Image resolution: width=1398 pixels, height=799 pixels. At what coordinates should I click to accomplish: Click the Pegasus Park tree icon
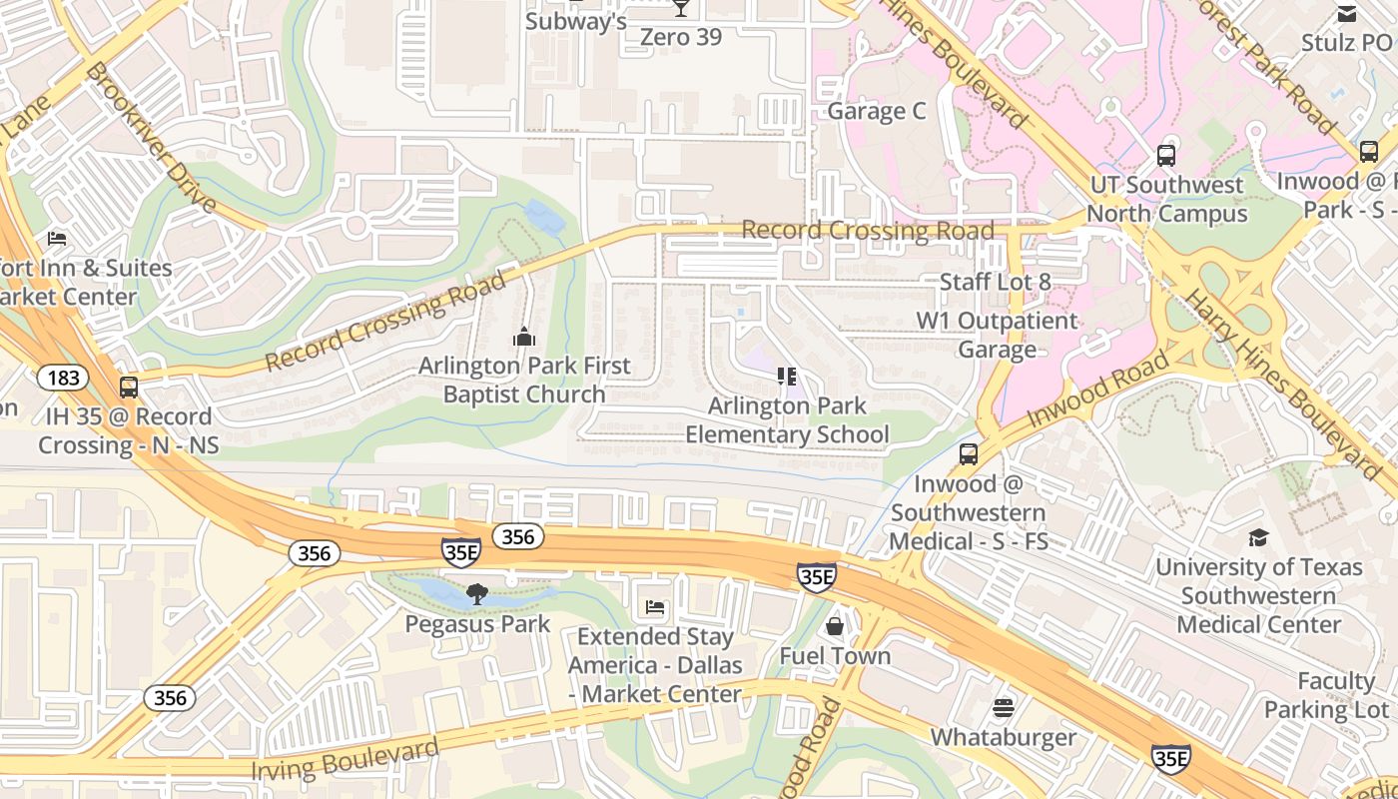[x=477, y=595]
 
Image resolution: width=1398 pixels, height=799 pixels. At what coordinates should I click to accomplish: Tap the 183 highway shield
[x=63, y=378]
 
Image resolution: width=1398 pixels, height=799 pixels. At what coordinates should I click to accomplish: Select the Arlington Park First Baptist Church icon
[x=524, y=338]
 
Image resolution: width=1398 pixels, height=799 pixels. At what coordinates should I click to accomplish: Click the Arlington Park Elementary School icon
[x=787, y=377]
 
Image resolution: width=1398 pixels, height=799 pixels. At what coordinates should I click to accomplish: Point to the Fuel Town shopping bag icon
[x=835, y=626]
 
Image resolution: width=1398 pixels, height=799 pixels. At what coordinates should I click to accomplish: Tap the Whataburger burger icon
[x=1004, y=708]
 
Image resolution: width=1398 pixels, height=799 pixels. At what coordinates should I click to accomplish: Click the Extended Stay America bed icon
[x=655, y=607]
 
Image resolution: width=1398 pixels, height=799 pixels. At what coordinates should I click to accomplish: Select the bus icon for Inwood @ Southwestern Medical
[x=968, y=454]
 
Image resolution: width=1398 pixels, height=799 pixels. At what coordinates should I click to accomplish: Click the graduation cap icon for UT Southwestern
[x=1258, y=537]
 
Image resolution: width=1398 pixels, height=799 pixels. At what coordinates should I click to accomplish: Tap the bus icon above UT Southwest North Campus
[x=1165, y=156]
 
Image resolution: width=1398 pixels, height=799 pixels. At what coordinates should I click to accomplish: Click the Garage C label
[x=877, y=111]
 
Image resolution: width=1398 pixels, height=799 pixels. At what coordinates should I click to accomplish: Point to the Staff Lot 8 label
[x=995, y=282]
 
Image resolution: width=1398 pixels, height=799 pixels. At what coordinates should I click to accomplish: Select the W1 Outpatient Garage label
[x=998, y=335]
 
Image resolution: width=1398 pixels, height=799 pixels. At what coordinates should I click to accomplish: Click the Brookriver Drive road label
[x=151, y=137]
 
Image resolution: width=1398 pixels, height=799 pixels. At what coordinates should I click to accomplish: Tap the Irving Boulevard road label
[x=345, y=760]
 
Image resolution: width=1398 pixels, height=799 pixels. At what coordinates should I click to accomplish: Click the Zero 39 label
[x=680, y=36]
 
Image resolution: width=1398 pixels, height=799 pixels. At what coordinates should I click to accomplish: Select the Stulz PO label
[x=1345, y=43]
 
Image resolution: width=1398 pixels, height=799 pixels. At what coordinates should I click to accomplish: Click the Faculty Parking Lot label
[x=1328, y=695]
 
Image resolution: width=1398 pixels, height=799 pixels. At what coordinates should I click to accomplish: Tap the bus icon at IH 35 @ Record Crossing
[x=128, y=388]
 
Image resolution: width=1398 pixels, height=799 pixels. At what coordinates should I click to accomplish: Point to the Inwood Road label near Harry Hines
[x=1097, y=390]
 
